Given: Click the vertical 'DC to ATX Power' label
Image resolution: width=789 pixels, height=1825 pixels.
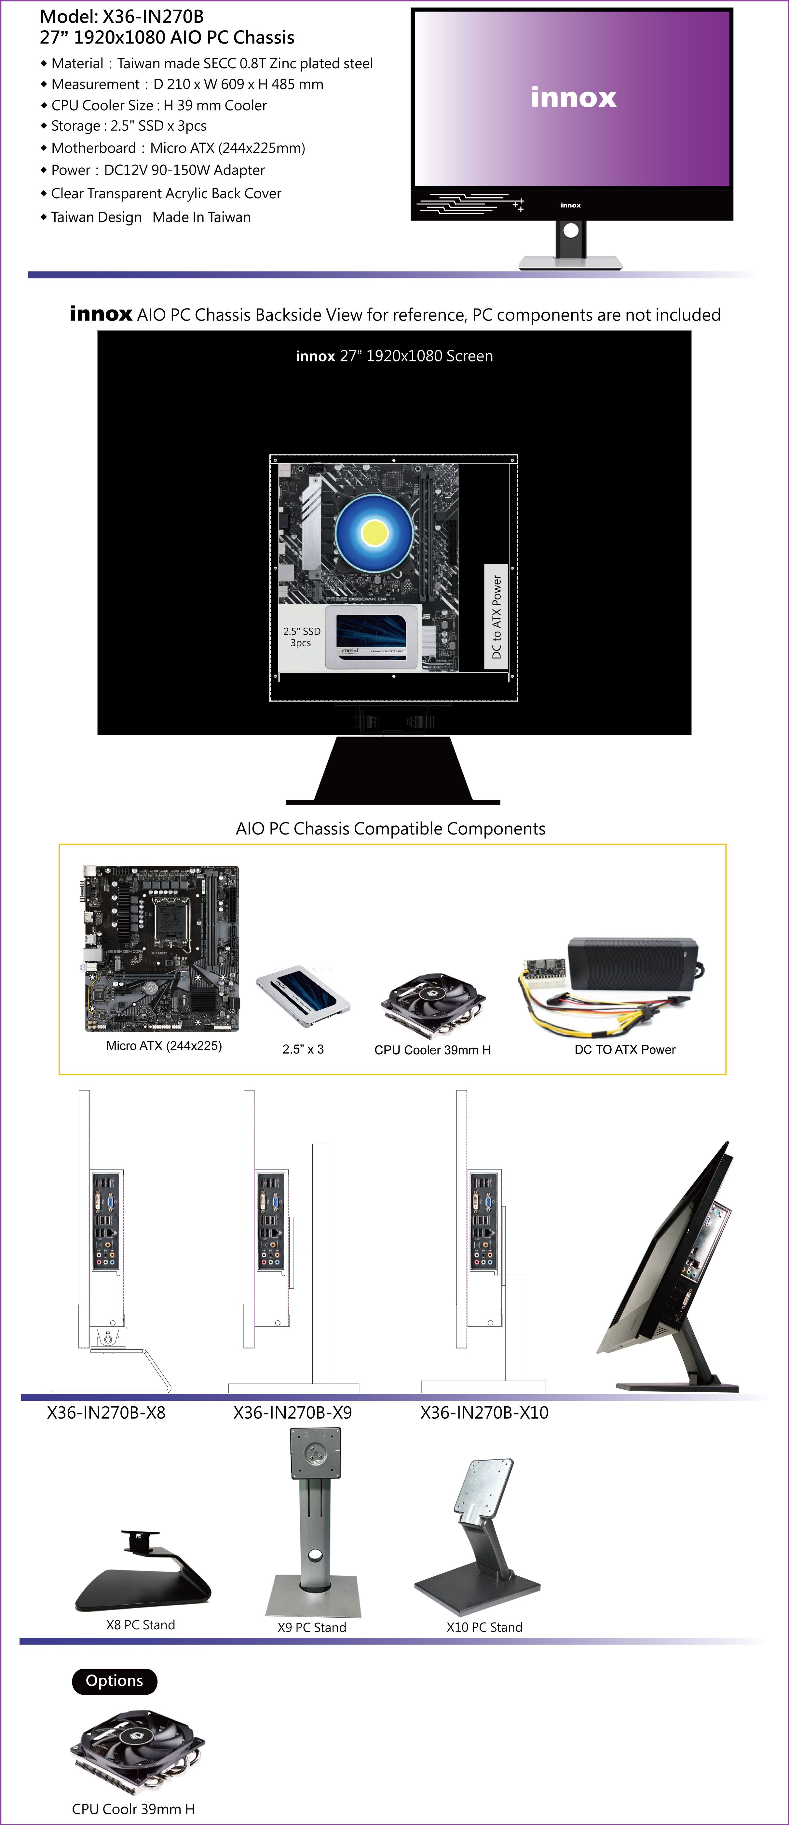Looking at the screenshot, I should [496, 616].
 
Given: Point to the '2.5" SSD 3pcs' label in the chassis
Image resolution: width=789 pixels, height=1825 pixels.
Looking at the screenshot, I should [301, 637].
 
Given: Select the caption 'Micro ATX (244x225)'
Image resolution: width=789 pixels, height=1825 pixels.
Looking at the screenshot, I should [164, 1046].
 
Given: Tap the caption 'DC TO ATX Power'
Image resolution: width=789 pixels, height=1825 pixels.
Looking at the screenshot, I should [625, 1049].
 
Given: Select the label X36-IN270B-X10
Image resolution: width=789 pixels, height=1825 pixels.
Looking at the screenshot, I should [484, 1413].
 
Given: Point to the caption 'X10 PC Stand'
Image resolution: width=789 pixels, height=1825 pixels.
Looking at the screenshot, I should [484, 1627].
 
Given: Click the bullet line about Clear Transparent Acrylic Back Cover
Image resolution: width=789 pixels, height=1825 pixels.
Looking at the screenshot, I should [166, 193].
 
